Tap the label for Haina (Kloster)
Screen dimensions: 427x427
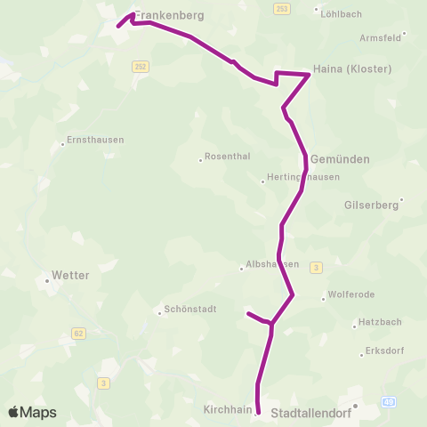(x=352, y=68)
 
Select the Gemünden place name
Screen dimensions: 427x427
(x=340, y=158)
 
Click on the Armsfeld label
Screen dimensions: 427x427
(x=381, y=36)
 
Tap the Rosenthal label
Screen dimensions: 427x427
(x=228, y=157)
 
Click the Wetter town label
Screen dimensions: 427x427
(x=71, y=276)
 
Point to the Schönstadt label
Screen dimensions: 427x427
(x=187, y=311)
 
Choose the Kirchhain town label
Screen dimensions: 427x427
(x=228, y=409)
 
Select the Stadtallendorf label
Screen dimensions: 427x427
(x=311, y=413)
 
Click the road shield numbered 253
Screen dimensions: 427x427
(x=282, y=8)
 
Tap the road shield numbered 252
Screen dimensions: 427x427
(x=141, y=67)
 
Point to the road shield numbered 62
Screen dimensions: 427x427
(x=78, y=333)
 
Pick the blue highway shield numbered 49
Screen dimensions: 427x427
(x=389, y=403)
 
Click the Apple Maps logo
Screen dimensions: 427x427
(x=32, y=412)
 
